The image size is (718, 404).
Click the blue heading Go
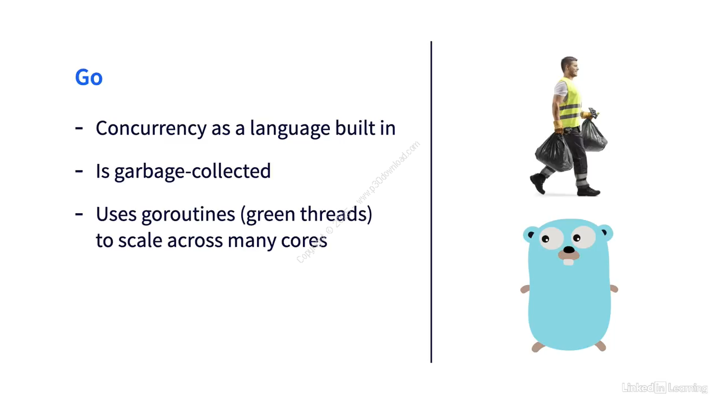click(89, 77)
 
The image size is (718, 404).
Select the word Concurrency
click(151, 128)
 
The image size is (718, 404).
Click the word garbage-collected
click(192, 171)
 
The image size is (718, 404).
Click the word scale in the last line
click(140, 241)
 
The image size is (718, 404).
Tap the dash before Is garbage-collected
click(79, 171)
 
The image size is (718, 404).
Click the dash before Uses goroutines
click(79, 213)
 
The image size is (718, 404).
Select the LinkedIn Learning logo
click(664, 388)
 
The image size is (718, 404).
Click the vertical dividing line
click(431, 202)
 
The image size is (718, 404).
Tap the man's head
click(569, 66)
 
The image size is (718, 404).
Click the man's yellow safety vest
click(569, 104)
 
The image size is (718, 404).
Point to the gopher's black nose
click(569, 250)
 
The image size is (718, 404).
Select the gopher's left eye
click(546, 238)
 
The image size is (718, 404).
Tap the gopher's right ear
click(605, 231)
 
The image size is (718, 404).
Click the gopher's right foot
click(601, 346)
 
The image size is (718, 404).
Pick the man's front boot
click(589, 191)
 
